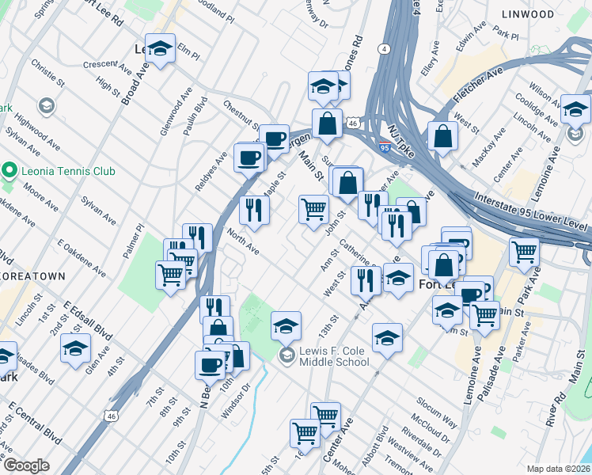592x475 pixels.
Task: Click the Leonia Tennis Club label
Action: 69,171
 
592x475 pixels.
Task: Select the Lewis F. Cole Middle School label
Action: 334,357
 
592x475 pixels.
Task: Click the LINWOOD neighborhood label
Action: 527,14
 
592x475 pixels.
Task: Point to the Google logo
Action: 26,466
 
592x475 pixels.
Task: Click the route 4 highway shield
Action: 384,49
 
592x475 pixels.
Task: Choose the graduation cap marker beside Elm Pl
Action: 161,51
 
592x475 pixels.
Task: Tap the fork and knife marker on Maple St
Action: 254,210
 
